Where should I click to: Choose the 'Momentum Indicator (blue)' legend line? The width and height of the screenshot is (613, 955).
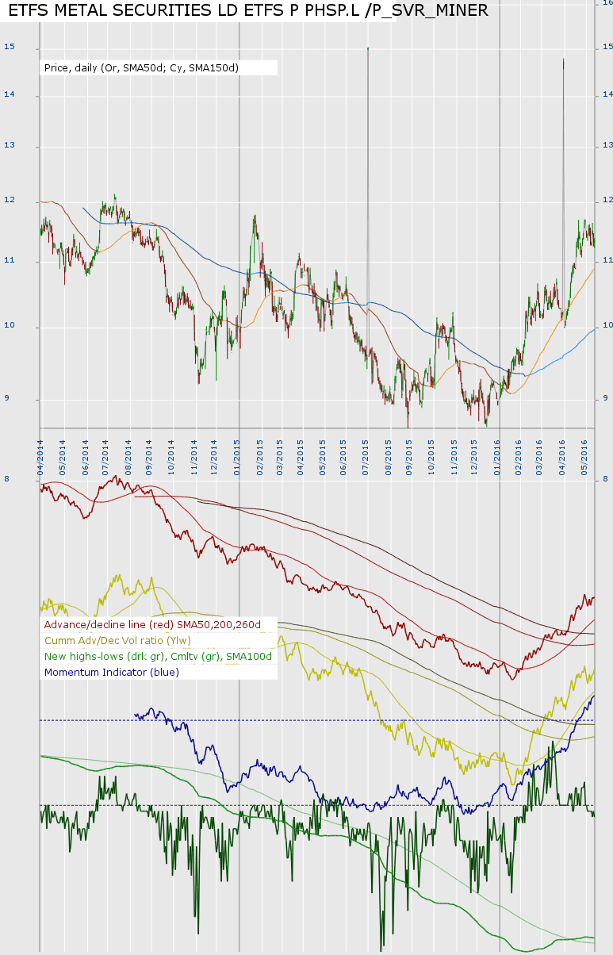[x=112, y=672]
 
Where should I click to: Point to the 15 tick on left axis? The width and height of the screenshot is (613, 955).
[x=10, y=48]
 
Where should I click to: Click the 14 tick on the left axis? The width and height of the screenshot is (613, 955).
[x=10, y=94]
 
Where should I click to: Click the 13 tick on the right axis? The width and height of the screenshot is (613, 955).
[x=607, y=146]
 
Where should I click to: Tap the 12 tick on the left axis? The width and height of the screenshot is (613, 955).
[x=10, y=201]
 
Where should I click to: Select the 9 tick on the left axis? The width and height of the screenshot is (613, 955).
[x=9, y=398]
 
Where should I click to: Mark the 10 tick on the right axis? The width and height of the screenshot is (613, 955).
[x=607, y=325]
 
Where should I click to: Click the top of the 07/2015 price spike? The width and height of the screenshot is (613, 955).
[x=368, y=48]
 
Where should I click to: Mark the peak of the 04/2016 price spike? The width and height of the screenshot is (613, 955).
[x=563, y=59]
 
